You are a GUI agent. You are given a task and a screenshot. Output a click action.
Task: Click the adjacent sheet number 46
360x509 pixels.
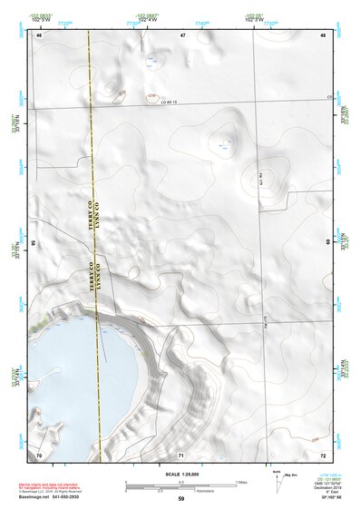click(39, 34)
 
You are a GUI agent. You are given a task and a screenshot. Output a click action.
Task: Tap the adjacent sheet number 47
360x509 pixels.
click(182, 34)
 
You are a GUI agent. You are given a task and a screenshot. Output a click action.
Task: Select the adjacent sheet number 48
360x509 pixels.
click(323, 34)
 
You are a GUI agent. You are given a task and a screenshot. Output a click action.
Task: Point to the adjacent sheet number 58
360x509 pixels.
click(35, 242)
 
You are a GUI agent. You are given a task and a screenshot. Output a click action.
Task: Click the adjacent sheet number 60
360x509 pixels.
click(326, 242)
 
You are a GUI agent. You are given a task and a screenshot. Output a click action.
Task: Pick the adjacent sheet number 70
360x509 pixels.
click(39, 453)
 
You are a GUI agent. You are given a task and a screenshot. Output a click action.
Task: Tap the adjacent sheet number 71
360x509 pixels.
click(182, 453)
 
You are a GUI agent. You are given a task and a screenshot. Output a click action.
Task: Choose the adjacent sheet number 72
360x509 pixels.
click(323, 453)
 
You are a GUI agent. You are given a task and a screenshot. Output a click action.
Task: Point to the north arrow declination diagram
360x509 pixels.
click(277, 476)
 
